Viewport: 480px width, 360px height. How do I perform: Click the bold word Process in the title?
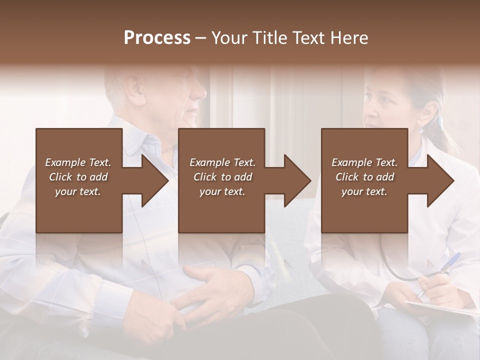coord(157,38)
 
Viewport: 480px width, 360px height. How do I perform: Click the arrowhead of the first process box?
coord(154,180)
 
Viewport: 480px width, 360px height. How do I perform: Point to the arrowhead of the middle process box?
coord(297,180)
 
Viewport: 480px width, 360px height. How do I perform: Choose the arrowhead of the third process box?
coord(440,180)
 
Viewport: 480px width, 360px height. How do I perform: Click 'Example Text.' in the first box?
coord(78,162)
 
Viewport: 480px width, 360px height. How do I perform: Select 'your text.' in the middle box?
coord(222,191)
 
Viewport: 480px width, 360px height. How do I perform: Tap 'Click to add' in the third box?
coord(365,177)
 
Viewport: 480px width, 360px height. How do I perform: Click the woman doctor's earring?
coord(421,130)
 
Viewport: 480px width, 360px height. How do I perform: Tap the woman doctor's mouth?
coord(370,123)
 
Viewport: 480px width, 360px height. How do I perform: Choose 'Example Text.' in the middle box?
coord(222,162)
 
